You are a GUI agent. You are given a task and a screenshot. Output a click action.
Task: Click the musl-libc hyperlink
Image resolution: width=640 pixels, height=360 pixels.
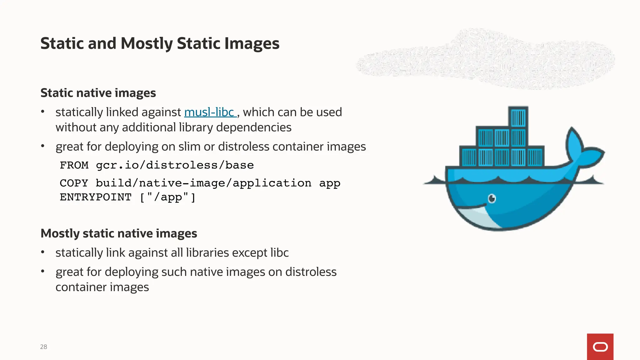[209, 112]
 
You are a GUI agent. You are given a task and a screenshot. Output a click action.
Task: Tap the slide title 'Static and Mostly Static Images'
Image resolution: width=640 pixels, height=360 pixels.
[160, 43]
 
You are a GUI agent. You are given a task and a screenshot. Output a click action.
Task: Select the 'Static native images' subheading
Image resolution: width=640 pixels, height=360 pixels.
[98, 93]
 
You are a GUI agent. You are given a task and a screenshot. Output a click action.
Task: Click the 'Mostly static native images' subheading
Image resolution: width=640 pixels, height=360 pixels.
[119, 233]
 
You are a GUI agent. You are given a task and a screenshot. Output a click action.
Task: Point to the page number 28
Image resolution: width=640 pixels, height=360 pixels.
[43, 347]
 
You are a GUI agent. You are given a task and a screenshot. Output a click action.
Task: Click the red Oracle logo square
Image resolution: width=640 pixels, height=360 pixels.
[600, 347]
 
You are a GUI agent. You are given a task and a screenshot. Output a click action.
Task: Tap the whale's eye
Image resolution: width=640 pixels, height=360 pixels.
[492, 198]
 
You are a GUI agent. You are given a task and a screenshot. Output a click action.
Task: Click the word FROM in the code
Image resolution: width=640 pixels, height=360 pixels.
[74, 165]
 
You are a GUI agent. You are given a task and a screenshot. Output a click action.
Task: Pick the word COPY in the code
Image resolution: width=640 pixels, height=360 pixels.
[74, 183]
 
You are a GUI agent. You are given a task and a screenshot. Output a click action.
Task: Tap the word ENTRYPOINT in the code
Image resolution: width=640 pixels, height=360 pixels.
[96, 197]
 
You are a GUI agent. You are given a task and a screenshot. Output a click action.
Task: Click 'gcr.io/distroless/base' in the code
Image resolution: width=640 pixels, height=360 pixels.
[175, 165]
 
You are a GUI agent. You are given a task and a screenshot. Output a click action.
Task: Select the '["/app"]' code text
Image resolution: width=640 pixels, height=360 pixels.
[167, 197]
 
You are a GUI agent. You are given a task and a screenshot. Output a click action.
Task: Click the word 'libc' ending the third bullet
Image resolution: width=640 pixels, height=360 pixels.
[279, 253]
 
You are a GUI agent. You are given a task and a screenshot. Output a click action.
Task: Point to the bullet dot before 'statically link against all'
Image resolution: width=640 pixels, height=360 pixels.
[43, 252]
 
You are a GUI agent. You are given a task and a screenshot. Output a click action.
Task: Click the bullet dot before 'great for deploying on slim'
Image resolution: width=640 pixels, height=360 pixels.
[43, 146]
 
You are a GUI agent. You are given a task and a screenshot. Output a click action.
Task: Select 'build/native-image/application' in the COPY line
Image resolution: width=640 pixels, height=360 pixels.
[203, 183]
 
